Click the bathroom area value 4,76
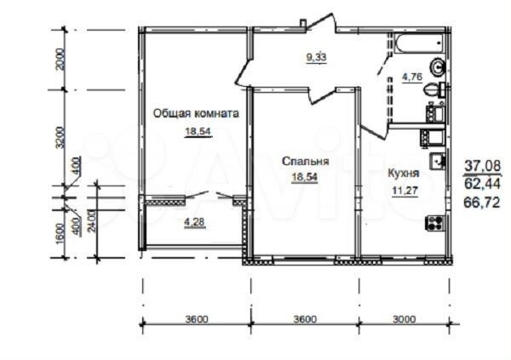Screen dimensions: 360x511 tap(411, 78)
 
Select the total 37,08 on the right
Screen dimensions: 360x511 tap(484, 166)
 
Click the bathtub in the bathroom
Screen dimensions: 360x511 tap(418, 43)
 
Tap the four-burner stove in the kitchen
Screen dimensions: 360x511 tap(434, 223)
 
